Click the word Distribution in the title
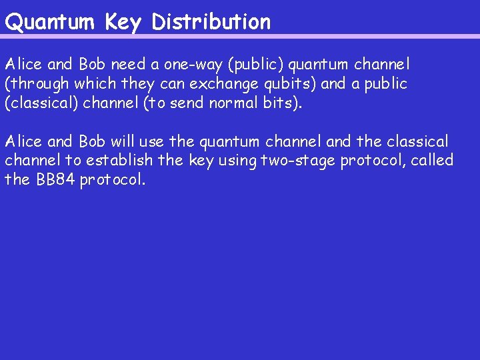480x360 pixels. coord(211,22)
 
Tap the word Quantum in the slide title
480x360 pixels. coord(51,22)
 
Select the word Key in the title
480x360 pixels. coord(123,23)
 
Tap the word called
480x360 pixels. coord(431,161)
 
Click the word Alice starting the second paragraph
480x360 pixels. coord(23,141)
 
